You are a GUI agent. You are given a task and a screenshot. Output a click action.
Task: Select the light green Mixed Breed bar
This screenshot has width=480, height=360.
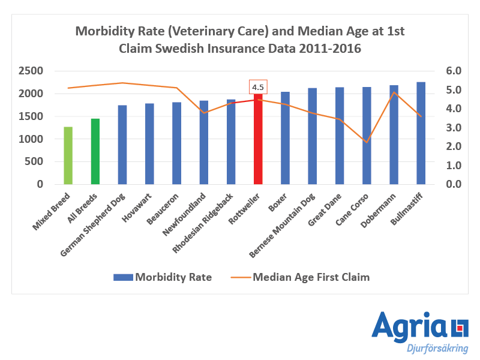[x=68, y=155]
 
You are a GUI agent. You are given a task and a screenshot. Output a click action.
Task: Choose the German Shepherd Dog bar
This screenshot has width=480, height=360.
[x=122, y=145]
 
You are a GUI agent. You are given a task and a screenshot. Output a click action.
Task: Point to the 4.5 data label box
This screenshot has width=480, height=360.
[x=258, y=87]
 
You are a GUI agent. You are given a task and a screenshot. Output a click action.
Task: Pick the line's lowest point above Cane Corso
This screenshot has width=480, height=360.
[x=367, y=142]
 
